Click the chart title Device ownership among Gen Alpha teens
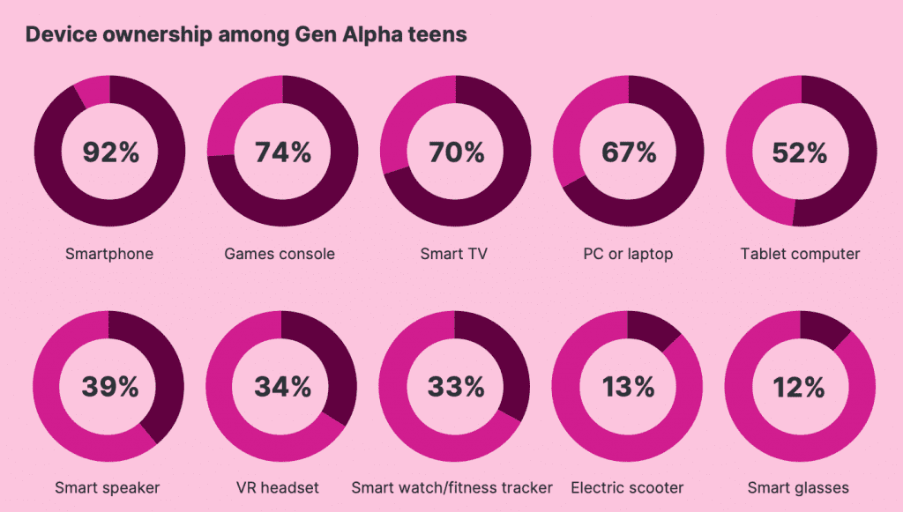[246, 35]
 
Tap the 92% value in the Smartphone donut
[111, 152]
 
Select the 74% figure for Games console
[283, 152]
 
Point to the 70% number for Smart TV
[456, 152]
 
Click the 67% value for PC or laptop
[629, 152]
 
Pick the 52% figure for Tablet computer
[801, 152]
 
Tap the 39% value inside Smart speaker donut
[111, 386]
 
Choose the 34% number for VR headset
[283, 386]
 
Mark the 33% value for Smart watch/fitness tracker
[456, 386]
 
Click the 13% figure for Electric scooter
[629, 386]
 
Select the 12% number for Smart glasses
[801, 386]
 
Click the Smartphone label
[109, 254]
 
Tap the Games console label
[280, 254]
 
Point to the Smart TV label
[454, 254]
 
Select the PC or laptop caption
[628, 254]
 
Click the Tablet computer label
[800, 254]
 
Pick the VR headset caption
[279, 487]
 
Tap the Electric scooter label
[627, 487]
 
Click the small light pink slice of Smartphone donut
[93, 90]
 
